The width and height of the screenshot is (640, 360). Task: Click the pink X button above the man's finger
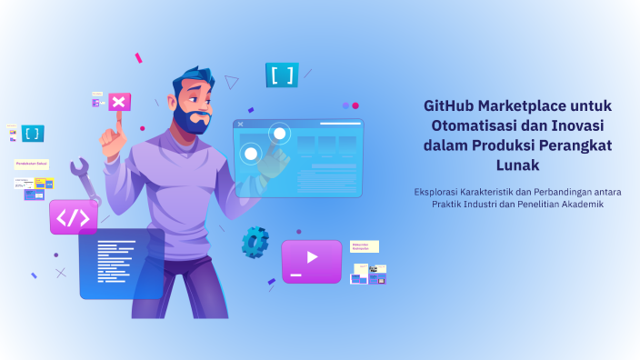point(119,101)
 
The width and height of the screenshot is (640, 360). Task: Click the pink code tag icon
point(74,217)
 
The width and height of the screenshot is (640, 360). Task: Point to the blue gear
point(255,241)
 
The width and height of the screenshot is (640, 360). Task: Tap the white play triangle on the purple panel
point(312,257)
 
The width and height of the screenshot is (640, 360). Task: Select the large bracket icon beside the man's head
point(282,75)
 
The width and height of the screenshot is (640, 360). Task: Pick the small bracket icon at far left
point(33,134)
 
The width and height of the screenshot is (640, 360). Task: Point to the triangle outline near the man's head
point(232,82)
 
